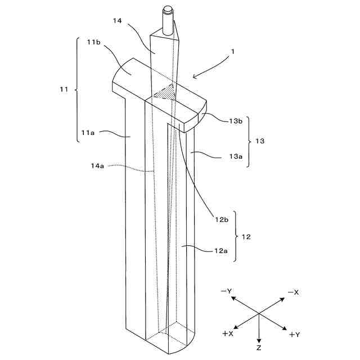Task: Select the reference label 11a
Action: click(88, 133)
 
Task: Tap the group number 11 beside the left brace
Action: click(64, 88)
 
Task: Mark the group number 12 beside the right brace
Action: click(246, 237)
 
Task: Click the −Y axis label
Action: click(227, 291)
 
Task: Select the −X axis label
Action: click(293, 292)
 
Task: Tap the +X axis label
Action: click(228, 334)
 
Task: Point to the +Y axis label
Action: click(294, 335)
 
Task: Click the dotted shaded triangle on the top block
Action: click(164, 92)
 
